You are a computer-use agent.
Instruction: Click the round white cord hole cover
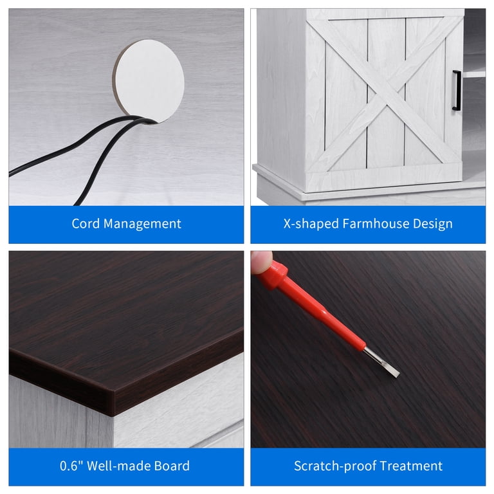pos(149,81)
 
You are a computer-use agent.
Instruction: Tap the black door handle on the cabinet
pos(457,91)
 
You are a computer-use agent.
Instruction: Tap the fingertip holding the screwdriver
pos(261,262)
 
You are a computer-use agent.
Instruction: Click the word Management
pos(142,224)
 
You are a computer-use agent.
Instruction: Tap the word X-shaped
pos(311,224)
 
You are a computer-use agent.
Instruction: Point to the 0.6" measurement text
pos(71,466)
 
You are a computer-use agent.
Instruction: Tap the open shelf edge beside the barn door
pos(474,75)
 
